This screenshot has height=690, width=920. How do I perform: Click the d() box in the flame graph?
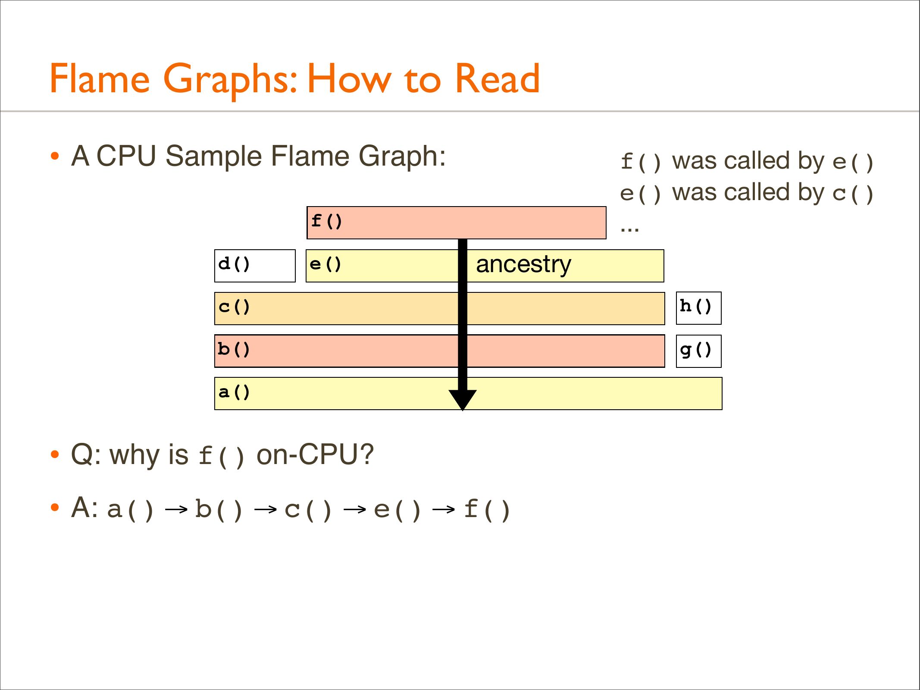pos(255,266)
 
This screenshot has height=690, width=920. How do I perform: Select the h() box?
pos(698,308)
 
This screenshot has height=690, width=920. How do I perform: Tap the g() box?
pos(698,351)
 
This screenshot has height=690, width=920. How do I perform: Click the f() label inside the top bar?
pos(327,221)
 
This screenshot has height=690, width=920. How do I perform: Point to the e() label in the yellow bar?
pos(325,264)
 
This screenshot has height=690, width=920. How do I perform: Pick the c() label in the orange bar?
pos(234,307)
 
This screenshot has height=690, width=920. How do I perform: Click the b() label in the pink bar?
pos(234,349)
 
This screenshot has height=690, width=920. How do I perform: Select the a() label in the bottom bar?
pos(234,392)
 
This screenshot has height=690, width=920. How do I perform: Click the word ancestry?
pos(523,264)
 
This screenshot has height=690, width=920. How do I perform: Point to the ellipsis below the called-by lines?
pos(629,229)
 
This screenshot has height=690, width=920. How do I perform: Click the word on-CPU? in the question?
pos(315,455)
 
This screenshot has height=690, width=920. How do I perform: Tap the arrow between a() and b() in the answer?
pos(176,510)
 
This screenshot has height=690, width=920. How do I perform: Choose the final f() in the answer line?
pos(487,509)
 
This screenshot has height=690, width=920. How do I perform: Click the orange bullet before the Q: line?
pos(54,455)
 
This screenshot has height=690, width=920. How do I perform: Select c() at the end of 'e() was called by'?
pos(853,193)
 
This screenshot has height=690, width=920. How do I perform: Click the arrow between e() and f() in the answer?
pos(444,510)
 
